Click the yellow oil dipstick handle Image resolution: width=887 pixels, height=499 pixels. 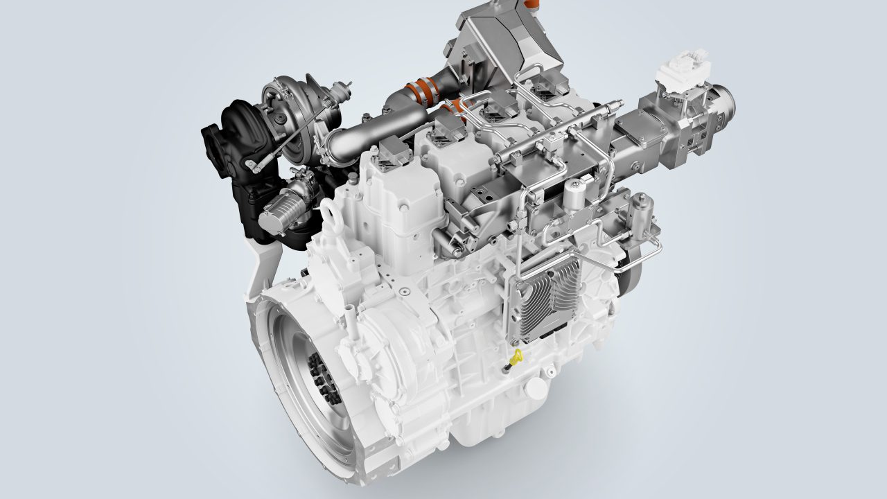(x=514, y=358)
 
